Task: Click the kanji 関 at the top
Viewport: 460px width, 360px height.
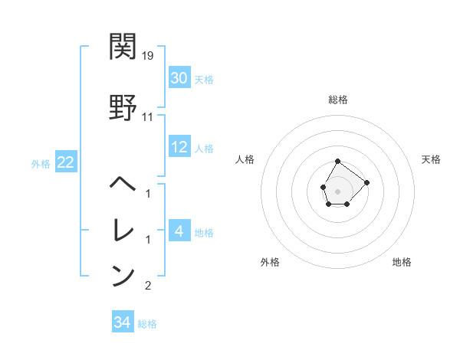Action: tap(123, 47)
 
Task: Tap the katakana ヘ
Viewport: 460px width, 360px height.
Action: tap(123, 184)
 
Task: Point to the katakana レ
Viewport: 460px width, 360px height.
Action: tap(123, 229)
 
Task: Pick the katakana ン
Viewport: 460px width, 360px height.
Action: tap(123, 275)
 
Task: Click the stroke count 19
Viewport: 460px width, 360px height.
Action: tap(149, 56)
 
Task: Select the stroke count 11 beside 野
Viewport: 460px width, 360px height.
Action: tap(148, 117)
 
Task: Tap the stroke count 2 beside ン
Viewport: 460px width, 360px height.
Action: tap(148, 286)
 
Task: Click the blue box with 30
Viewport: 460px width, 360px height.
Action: tap(179, 78)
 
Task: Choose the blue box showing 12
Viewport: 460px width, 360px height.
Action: tap(179, 147)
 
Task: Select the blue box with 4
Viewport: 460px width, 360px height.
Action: tap(179, 231)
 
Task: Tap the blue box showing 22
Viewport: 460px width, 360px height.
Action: tap(65, 163)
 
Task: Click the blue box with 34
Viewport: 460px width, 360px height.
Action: tap(123, 322)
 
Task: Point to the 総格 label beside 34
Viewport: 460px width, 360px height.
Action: tap(147, 324)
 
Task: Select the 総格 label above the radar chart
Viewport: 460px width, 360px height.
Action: tap(338, 100)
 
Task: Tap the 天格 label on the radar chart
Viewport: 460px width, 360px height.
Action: tap(431, 159)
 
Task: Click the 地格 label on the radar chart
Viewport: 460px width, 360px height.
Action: tap(402, 262)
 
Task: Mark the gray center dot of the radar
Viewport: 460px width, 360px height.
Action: tap(338, 190)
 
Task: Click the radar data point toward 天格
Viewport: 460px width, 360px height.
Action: tap(366, 182)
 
